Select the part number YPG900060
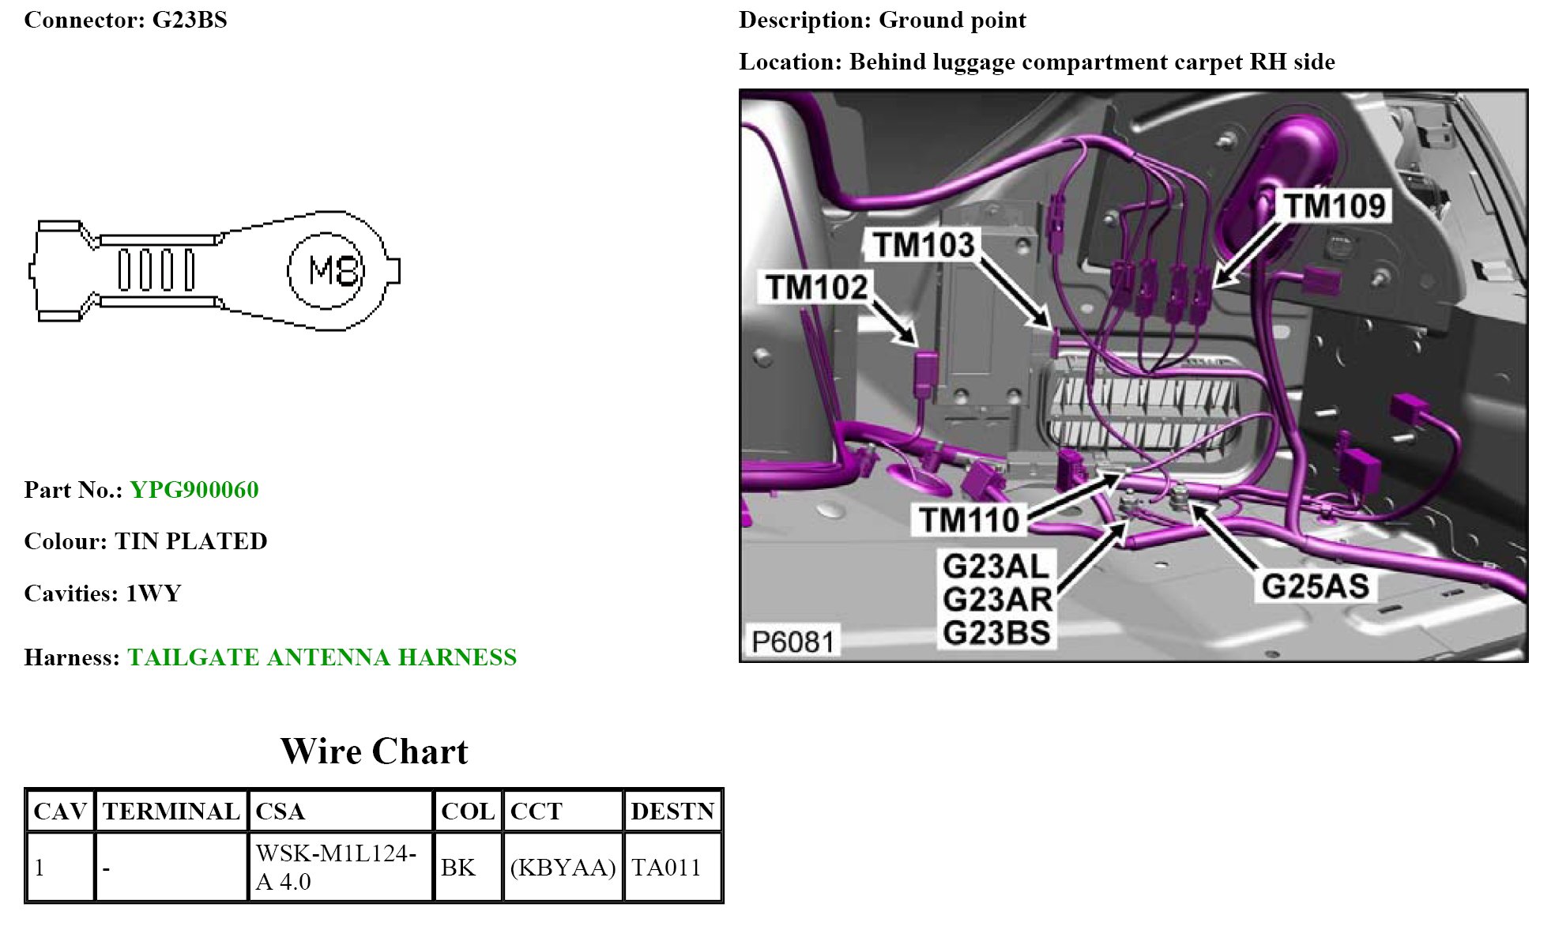(x=194, y=490)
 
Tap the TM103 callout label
(x=923, y=245)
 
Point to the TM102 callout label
(x=816, y=287)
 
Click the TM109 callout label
(x=1334, y=206)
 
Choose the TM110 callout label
(x=969, y=520)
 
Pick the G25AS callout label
(x=1315, y=586)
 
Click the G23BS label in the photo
(x=996, y=633)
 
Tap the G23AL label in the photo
(x=996, y=566)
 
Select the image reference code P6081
(x=793, y=642)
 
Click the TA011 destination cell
(x=666, y=868)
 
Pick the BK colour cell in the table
(x=458, y=868)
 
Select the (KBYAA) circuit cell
(x=563, y=868)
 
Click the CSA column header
(x=281, y=812)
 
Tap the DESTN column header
(x=672, y=812)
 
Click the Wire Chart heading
(x=375, y=751)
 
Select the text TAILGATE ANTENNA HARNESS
(x=322, y=657)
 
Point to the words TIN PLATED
(x=190, y=541)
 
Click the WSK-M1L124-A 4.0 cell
(x=336, y=868)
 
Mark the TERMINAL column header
(x=171, y=812)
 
